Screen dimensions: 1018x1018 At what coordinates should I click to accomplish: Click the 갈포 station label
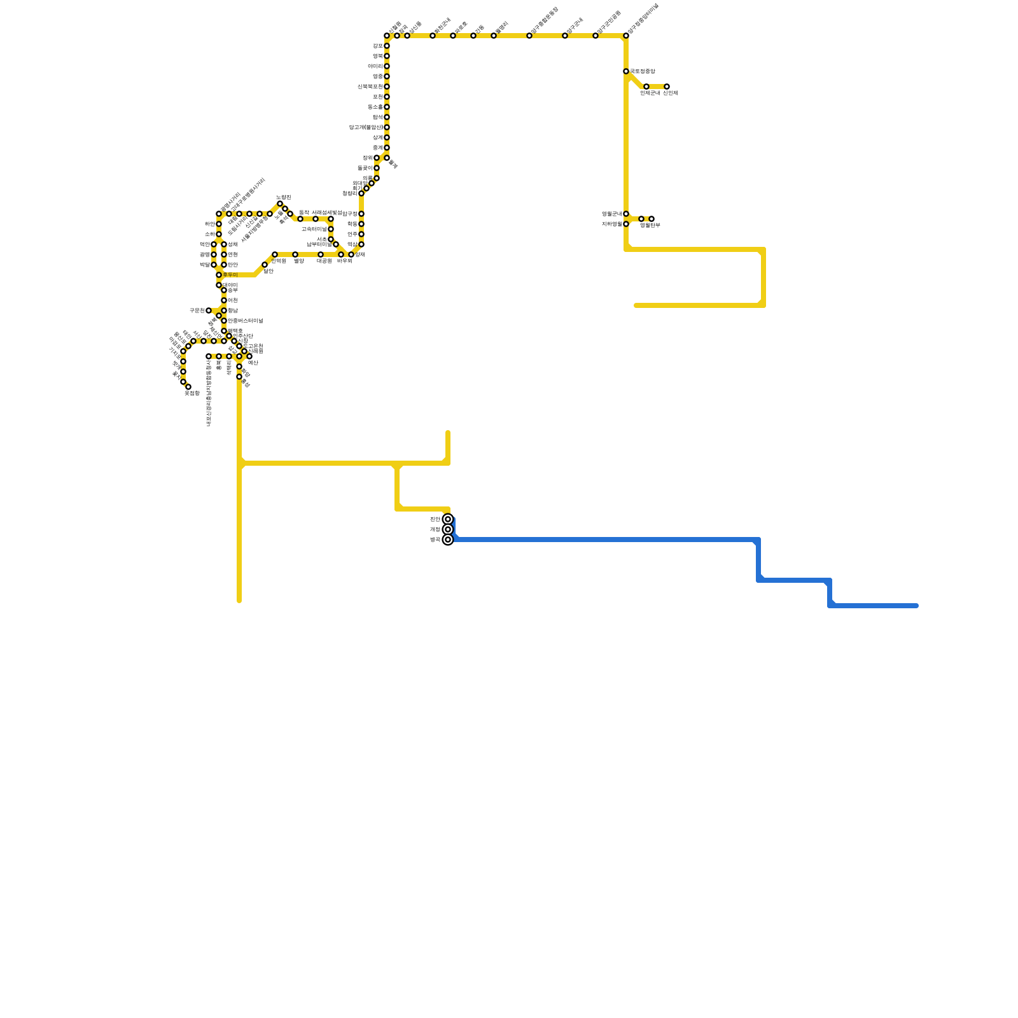[377, 46]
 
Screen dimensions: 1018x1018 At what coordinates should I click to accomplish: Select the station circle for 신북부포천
[387, 87]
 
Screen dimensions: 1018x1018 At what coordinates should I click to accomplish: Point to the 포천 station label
[377, 97]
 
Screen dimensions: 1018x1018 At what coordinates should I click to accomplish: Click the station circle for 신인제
[667, 87]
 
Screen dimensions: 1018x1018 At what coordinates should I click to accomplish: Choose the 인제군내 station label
[650, 94]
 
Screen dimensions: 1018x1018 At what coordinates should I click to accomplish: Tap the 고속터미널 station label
[314, 229]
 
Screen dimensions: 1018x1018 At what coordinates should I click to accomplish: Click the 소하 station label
[209, 234]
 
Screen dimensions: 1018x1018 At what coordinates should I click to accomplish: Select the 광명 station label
[204, 254]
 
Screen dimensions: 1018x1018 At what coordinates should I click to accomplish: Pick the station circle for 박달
[214, 265]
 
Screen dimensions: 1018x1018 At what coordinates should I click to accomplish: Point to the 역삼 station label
[352, 244]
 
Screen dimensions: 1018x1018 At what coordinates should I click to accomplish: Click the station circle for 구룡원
[209, 310]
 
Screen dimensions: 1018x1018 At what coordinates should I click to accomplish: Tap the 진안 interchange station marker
[448, 519]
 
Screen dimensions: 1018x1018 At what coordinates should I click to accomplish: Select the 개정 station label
[435, 529]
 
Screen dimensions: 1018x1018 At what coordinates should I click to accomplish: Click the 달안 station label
[268, 272]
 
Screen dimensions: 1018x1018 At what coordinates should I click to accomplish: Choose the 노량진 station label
[284, 197]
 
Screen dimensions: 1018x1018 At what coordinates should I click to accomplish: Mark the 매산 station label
[253, 363]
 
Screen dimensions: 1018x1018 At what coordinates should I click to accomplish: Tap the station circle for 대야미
[219, 285]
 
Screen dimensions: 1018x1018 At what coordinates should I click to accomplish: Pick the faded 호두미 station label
[230, 275]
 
